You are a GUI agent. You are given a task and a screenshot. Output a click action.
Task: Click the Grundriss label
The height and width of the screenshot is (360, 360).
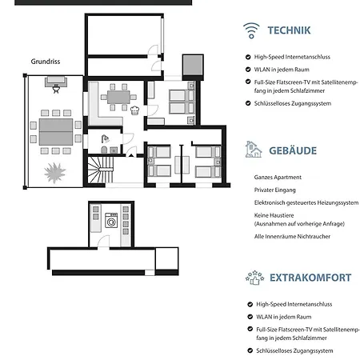pos(46,62)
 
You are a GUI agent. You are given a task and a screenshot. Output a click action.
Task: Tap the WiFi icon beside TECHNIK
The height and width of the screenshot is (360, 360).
pos(251,30)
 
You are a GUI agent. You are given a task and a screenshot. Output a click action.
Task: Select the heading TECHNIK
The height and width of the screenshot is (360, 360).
pos(289,30)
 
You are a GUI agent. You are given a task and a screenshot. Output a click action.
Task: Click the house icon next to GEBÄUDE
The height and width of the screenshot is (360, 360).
pos(254,150)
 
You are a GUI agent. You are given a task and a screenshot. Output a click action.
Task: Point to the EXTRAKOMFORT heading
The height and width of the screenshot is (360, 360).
pos(310,278)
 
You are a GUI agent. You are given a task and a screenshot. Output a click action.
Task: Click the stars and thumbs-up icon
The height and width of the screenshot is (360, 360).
pos(254,278)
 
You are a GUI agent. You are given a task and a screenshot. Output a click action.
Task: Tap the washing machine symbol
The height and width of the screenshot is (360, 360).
pos(111,220)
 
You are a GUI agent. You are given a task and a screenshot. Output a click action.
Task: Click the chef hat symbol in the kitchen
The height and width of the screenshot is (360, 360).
pos(135,110)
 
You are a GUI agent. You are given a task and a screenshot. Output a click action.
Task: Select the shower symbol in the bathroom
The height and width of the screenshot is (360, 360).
pos(106,138)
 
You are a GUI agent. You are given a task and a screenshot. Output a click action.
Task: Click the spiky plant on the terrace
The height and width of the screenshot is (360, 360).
pos(55,173)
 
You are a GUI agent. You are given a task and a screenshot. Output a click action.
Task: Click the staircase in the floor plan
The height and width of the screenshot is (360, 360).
pos(101,170)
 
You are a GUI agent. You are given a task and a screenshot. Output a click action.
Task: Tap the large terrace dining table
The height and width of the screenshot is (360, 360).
pos(56,132)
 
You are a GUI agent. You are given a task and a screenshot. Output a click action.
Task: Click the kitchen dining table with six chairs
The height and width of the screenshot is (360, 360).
pos(118,97)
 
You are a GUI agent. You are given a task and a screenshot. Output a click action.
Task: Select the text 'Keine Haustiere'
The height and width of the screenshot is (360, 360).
pos(274,215)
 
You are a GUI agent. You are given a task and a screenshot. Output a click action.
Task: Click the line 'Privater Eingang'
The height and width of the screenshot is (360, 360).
pos(275,190)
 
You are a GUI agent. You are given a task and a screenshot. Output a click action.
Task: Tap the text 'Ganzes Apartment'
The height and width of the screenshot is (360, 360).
pos(278,178)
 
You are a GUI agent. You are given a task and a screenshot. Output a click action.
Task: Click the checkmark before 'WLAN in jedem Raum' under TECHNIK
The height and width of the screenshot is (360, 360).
pos(248,70)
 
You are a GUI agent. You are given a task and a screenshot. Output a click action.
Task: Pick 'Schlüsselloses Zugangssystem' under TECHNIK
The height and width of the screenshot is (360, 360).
pos(293,103)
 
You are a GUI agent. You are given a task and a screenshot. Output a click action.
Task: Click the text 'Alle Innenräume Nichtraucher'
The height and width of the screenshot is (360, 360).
pos(292,237)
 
